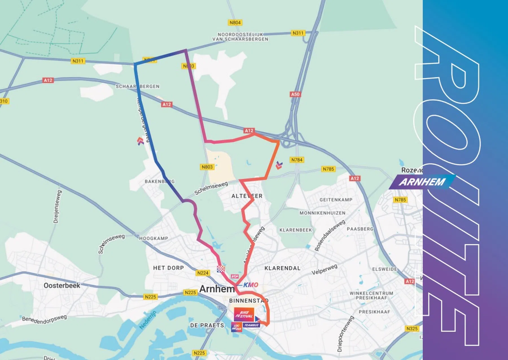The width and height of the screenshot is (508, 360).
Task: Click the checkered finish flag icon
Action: point(221,269)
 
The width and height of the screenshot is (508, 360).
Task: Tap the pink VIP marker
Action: point(235,276)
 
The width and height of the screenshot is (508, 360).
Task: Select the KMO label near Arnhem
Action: point(251,285)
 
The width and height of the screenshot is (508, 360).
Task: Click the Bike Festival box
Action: point(244,314)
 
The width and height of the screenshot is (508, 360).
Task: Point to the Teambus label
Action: point(251,325)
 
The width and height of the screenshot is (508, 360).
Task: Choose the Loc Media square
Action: point(237,327)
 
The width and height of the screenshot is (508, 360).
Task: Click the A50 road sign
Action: point(295,94)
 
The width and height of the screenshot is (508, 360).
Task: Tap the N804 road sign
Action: point(235,23)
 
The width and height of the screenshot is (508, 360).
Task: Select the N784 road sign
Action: point(297,160)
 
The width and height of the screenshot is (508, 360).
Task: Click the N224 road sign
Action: point(203,273)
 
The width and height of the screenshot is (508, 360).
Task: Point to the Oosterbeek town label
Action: point(62,285)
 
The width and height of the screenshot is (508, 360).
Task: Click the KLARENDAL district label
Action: point(282,268)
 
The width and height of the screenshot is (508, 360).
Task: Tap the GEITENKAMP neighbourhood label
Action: point(336,200)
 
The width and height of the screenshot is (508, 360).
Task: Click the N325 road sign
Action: point(412,328)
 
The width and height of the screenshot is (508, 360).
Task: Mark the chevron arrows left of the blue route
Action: point(140,141)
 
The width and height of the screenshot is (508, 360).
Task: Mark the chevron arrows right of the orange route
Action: point(279,165)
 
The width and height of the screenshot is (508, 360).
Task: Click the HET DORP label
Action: point(168,268)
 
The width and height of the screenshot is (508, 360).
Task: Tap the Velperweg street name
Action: point(324,269)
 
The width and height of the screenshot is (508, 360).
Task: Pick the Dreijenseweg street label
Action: point(57,207)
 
